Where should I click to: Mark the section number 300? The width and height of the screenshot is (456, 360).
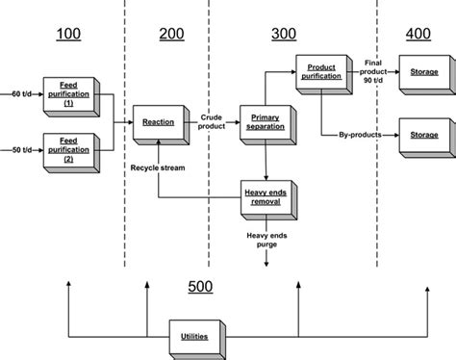tap(284, 36)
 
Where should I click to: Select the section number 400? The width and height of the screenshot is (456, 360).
tap(418, 36)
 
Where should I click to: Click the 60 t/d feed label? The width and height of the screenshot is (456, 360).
tap(21, 94)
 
